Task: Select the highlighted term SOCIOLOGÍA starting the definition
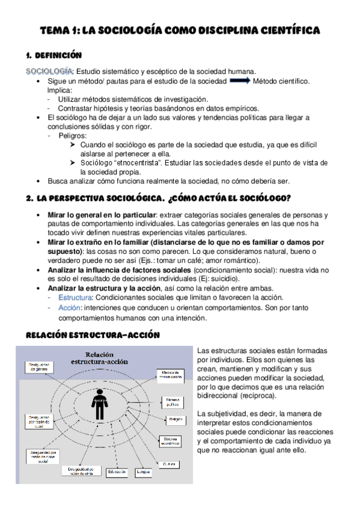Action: (x=49, y=71)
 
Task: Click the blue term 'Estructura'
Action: (x=75, y=297)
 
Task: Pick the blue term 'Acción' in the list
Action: (x=70, y=307)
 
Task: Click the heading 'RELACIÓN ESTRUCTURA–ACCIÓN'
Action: (x=93, y=336)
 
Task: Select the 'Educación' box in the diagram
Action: (x=118, y=472)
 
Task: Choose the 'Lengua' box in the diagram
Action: (x=143, y=472)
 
